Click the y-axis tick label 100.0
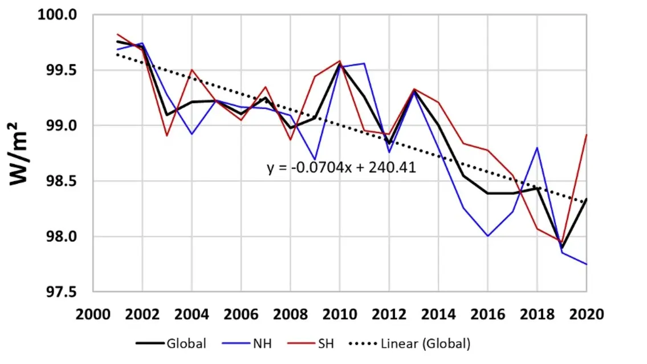tap(58, 14)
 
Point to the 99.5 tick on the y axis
tap(61, 70)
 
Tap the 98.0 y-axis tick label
tap(61, 236)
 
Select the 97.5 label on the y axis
tap(61, 292)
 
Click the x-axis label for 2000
tap(93, 314)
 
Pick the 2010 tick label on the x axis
tap(340, 314)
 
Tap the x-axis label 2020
tap(587, 314)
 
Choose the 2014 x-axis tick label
tap(438, 314)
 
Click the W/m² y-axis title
tap(18, 153)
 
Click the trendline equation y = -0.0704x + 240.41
tap(341, 167)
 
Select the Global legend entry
tap(171, 343)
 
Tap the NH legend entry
tap(247, 343)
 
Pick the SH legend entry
tap(311, 343)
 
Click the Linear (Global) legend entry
tap(409, 343)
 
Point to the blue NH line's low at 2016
tap(488, 236)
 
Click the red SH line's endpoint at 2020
tap(587, 134)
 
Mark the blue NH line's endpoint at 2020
tap(587, 264)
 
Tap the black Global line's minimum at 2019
tap(562, 248)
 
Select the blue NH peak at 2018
tap(537, 148)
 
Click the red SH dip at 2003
tap(166, 136)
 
